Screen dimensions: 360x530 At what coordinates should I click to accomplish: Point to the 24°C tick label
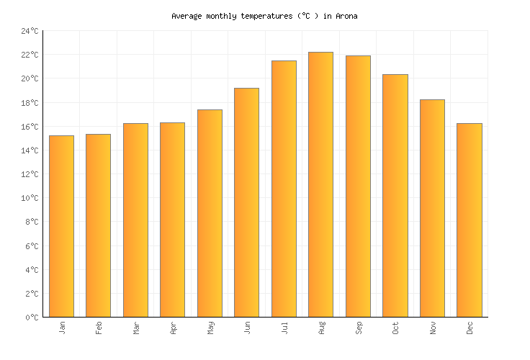(30, 31)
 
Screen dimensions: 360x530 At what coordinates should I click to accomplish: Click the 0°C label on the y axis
(32, 318)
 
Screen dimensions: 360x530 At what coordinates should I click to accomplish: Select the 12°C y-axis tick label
(30, 174)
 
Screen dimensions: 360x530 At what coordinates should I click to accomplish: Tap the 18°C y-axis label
(30, 103)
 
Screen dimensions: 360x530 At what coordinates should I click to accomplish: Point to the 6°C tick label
(32, 246)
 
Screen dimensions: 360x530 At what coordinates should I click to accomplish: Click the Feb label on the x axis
(99, 328)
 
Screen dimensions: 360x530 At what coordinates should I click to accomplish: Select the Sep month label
(359, 328)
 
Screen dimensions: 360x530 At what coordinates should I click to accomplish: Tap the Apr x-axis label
(173, 328)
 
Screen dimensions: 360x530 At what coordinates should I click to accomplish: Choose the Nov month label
(433, 328)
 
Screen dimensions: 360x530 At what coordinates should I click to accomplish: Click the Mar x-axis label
(136, 328)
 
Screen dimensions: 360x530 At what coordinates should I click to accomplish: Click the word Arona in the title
(346, 15)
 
